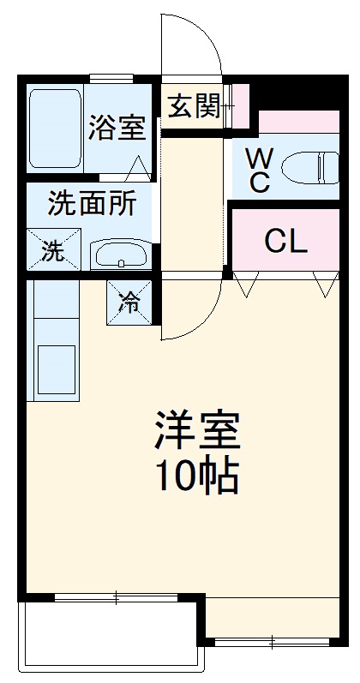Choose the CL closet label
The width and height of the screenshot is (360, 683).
285,242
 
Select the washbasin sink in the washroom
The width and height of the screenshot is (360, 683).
119,254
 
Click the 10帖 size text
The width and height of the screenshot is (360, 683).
196,476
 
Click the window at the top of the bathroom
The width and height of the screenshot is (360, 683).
111,79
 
